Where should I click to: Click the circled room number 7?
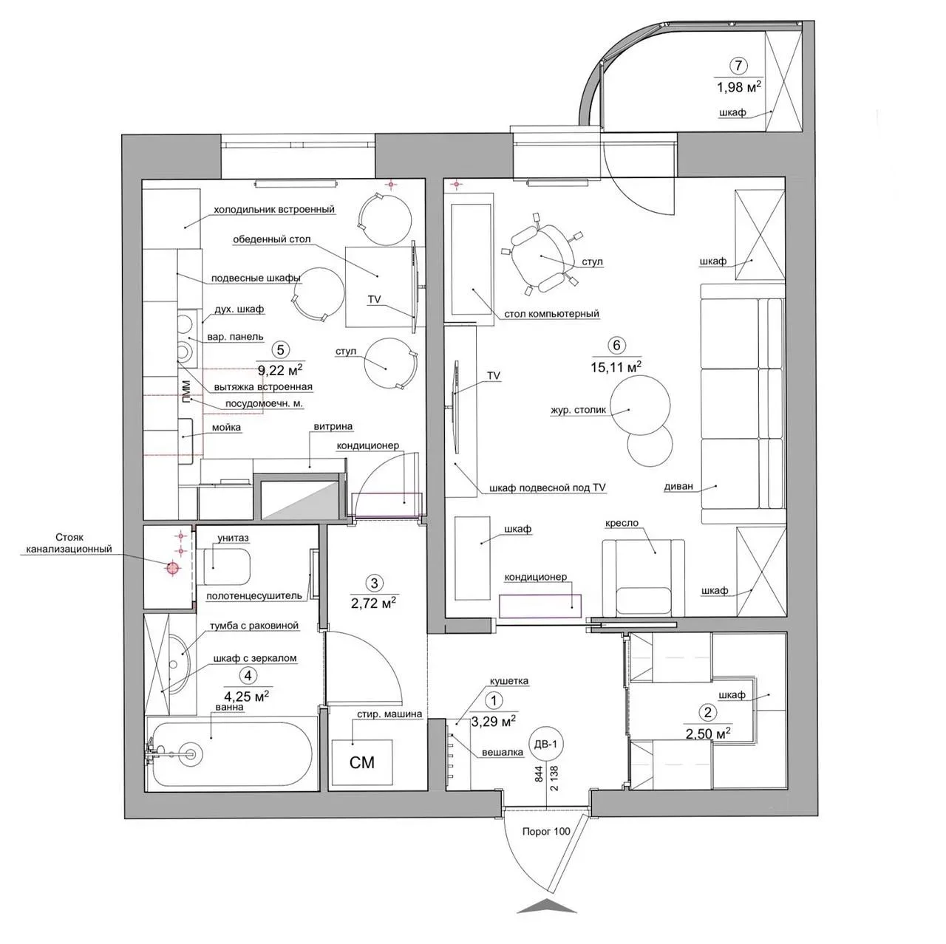point(738,66)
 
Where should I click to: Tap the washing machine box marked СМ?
point(362,762)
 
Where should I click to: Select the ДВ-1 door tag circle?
point(545,745)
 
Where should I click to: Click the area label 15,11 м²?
point(616,366)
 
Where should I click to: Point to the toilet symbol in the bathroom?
point(226,567)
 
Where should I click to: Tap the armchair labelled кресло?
point(643,578)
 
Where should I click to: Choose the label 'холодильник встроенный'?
point(274,210)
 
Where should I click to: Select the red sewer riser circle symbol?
point(172,568)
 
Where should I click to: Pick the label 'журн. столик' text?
point(578,410)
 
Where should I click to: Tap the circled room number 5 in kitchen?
point(280,350)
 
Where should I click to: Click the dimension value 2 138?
point(554,778)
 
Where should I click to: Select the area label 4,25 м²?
point(246,696)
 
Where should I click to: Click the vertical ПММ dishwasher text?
point(186,392)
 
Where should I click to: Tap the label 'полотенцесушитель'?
point(253,595)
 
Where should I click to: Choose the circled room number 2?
point(707,712)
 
